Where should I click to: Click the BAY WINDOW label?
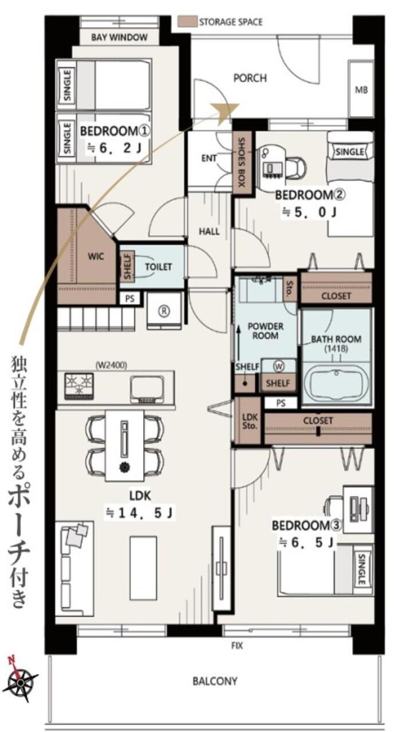(119, 37)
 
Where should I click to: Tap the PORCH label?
(250, 78)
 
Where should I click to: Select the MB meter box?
(361, 89)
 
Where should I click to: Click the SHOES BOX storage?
(242, 162)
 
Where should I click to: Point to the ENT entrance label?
(209, 159)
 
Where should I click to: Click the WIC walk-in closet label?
(96, 256)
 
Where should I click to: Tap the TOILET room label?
(159, 267)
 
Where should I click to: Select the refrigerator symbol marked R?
(164, 311)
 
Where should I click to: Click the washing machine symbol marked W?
(279, 367)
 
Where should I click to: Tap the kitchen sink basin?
(147, 389)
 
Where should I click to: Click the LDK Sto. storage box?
(250, 421)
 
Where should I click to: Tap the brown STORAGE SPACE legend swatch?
(187, 22)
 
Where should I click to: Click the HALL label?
(209, 232)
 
